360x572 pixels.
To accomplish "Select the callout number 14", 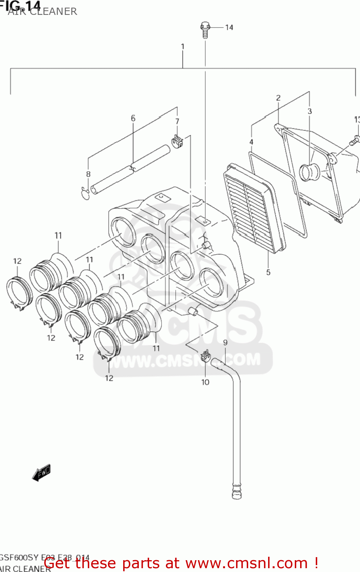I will (229, 27).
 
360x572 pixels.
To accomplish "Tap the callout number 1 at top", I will (183, 47).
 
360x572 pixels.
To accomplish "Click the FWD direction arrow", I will (41, 472).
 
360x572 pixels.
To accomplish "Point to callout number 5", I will (268, 272).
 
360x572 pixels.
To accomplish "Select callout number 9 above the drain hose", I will (225, 342).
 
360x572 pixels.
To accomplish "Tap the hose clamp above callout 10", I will (205, 356).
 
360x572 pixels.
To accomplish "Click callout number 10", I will (205, 382).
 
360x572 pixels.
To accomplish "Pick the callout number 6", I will (133, 118).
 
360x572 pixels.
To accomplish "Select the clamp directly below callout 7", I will (177, 141).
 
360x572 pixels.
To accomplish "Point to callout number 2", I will (278, 98).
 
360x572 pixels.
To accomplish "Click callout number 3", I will (310, 111).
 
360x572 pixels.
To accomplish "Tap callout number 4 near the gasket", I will (251, 142).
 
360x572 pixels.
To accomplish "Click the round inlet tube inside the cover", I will (309, 172).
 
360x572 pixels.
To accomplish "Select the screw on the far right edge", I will (354, 140).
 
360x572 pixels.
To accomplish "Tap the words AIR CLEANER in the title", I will (42, 11).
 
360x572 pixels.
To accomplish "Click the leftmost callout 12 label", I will (18, 261).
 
